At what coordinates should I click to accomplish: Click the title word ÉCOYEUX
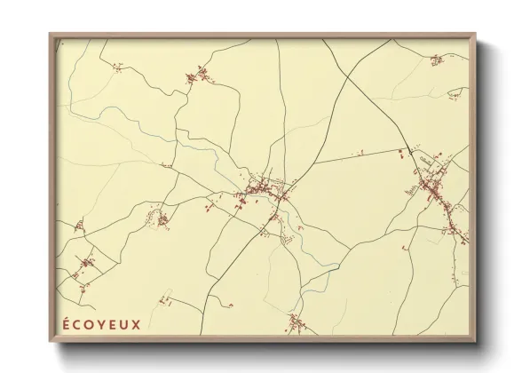(x=102, y=324)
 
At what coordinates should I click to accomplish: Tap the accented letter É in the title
(x=67, y=323)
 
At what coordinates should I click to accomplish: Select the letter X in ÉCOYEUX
(x=136, y=324)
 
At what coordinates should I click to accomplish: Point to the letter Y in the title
(x=102, y=324)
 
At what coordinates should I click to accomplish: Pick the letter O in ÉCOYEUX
(x=91, y=324)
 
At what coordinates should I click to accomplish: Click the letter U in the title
(x=124, y=324)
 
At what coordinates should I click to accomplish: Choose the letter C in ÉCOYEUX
(x=78, y=324)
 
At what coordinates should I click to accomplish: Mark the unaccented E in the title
(x=113, y=324)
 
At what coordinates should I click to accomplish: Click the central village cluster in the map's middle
(x=262, y=189)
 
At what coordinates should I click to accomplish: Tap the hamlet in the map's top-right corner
(x=436, y=60)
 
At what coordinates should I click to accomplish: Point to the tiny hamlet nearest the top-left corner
(x=116, y=66)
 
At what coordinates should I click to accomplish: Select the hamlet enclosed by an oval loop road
(x=162, y=218)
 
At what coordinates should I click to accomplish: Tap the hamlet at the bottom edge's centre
(x=296, y=321)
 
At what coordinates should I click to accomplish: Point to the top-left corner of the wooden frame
(x=51, y=35)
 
